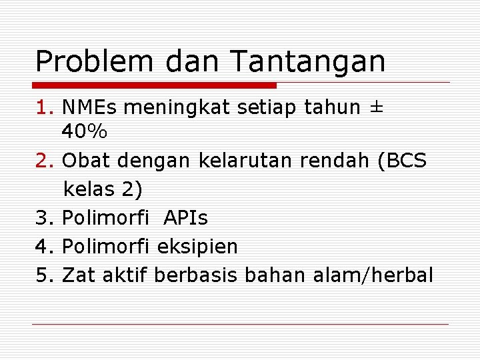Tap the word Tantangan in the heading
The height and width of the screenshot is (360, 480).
click(308, 61)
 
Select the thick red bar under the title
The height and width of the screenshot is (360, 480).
click(155, 85)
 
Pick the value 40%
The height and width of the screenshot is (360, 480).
click(84, 132)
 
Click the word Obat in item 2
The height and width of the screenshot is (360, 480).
click(87, 161)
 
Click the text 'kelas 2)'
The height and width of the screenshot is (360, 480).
click(103, 189)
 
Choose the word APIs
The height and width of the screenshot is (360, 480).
click(185, 218)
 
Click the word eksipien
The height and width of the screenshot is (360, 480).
click(197, 247)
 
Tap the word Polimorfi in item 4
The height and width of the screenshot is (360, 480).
click(106, 247)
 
